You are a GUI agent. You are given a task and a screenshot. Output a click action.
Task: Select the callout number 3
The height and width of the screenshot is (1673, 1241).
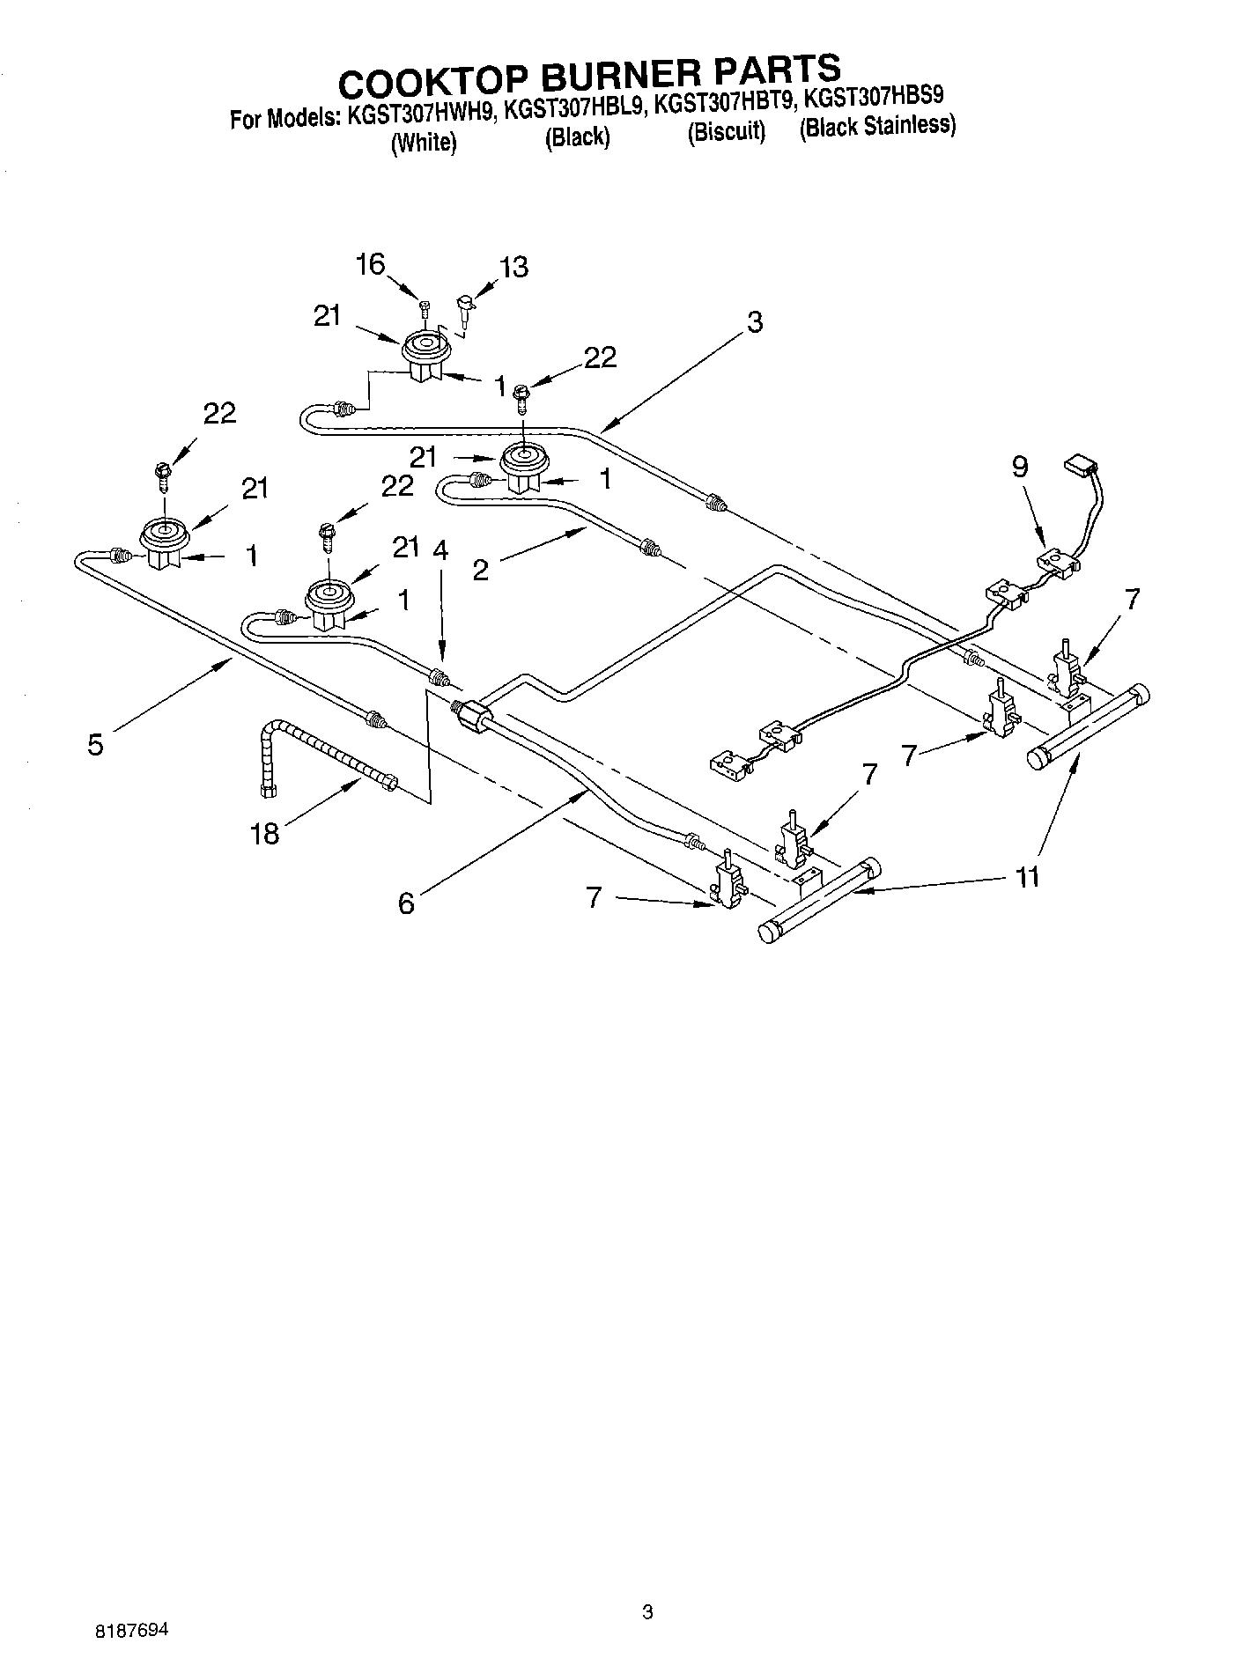coord(754,322)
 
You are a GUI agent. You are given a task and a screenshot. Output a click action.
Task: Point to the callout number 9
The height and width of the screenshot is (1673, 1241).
coord(1019,467)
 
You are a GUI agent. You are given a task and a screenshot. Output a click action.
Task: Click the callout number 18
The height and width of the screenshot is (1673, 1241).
coord(264,832)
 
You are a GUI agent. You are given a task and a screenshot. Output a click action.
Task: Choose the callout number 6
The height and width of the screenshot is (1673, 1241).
coord(405,903)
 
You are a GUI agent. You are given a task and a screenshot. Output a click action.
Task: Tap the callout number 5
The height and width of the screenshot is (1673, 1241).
coord(95,744)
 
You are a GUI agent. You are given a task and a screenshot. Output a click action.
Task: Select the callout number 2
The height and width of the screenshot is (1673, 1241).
coord(480,570)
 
